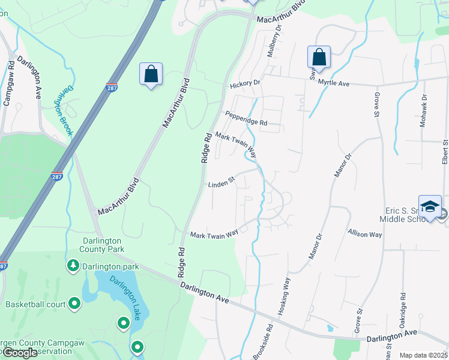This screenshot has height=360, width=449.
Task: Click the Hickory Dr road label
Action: pyautogui.click(x=245, y=85)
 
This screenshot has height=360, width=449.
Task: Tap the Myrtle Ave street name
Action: pyautogui.click(x=334, y=83)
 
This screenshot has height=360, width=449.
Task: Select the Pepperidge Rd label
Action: pyautogui.click(x=246, y=118)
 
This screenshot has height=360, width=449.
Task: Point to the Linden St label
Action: pyautogui.click(x=221, y=184)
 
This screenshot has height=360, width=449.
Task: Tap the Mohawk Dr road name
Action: pyautogui.click(x=424, y=108)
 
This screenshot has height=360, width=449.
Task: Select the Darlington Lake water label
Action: pyautogui.click(x=125, y=295)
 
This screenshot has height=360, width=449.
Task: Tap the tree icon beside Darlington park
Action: pyautogui.click(x=73, y=265)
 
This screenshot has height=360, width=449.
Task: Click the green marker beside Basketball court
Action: pyautogui.click(x=74, y=304)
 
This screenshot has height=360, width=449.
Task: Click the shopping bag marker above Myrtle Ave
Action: pyautogui.click(x=319, y=58)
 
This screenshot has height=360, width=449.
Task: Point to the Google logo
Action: pyautogui.click(x=20, y=353)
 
